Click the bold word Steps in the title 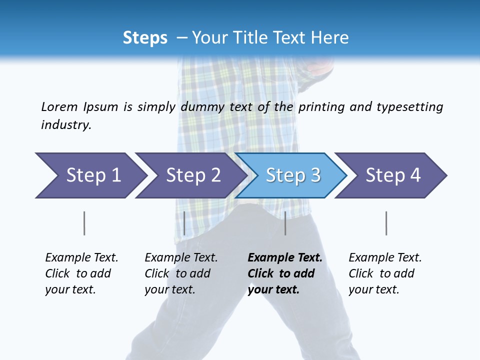tap(145, 37)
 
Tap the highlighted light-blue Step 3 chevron tap(292, 175)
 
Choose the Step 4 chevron tap(392, 175)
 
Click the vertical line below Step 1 tap(84, 223)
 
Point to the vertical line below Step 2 tap(184, 223)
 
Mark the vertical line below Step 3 tap(285, 223)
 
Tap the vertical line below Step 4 tap(386, 223)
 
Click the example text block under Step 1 tap(81, 273)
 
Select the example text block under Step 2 tap(181, 273)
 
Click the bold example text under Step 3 tap(285, 273)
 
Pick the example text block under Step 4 tap(385, 273)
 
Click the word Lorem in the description tap(59, 106)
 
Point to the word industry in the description tap(66, 124)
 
